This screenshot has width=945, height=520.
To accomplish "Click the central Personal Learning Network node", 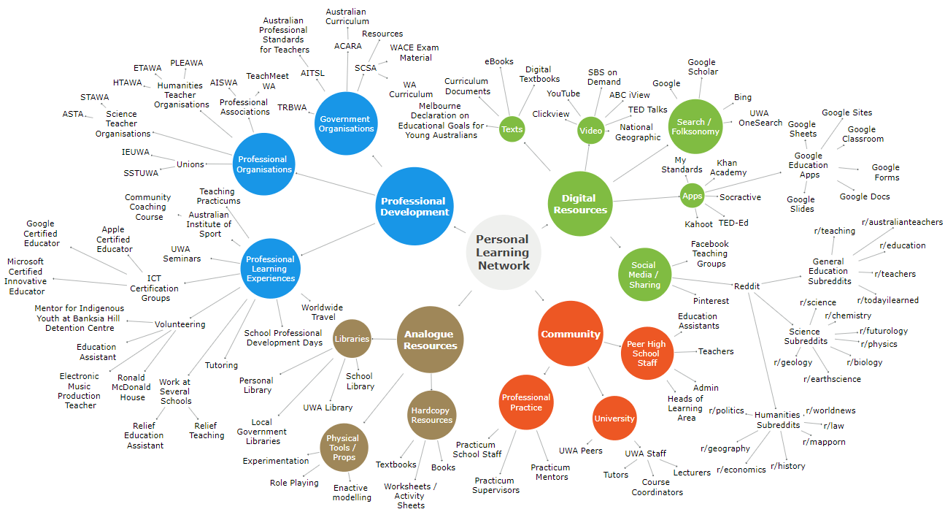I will click(504, 252).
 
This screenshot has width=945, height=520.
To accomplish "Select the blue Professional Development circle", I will click(414, 207).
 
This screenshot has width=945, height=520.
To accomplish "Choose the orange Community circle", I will click(571, 334).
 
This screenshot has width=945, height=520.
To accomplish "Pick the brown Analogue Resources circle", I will click(431, 340).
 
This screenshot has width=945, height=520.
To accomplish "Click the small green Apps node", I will click(692, 196).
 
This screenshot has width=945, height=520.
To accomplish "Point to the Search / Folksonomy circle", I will click(698, 127).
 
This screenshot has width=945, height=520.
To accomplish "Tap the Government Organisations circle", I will click(346, 123).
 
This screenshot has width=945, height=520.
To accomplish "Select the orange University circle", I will click(614, 418).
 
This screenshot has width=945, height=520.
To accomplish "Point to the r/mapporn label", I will click(825, 441).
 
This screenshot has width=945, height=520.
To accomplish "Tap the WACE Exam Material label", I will click(415, 53).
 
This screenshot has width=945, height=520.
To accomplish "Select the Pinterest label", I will click(711, 301).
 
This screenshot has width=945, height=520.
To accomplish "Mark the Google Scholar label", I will click(703, 67).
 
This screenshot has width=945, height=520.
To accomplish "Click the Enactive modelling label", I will click(352, 493).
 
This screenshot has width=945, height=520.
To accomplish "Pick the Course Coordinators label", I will click(657, 487).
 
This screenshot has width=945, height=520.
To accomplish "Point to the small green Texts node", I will click(512, 129).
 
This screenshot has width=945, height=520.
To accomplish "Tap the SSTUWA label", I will click(142, 173).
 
